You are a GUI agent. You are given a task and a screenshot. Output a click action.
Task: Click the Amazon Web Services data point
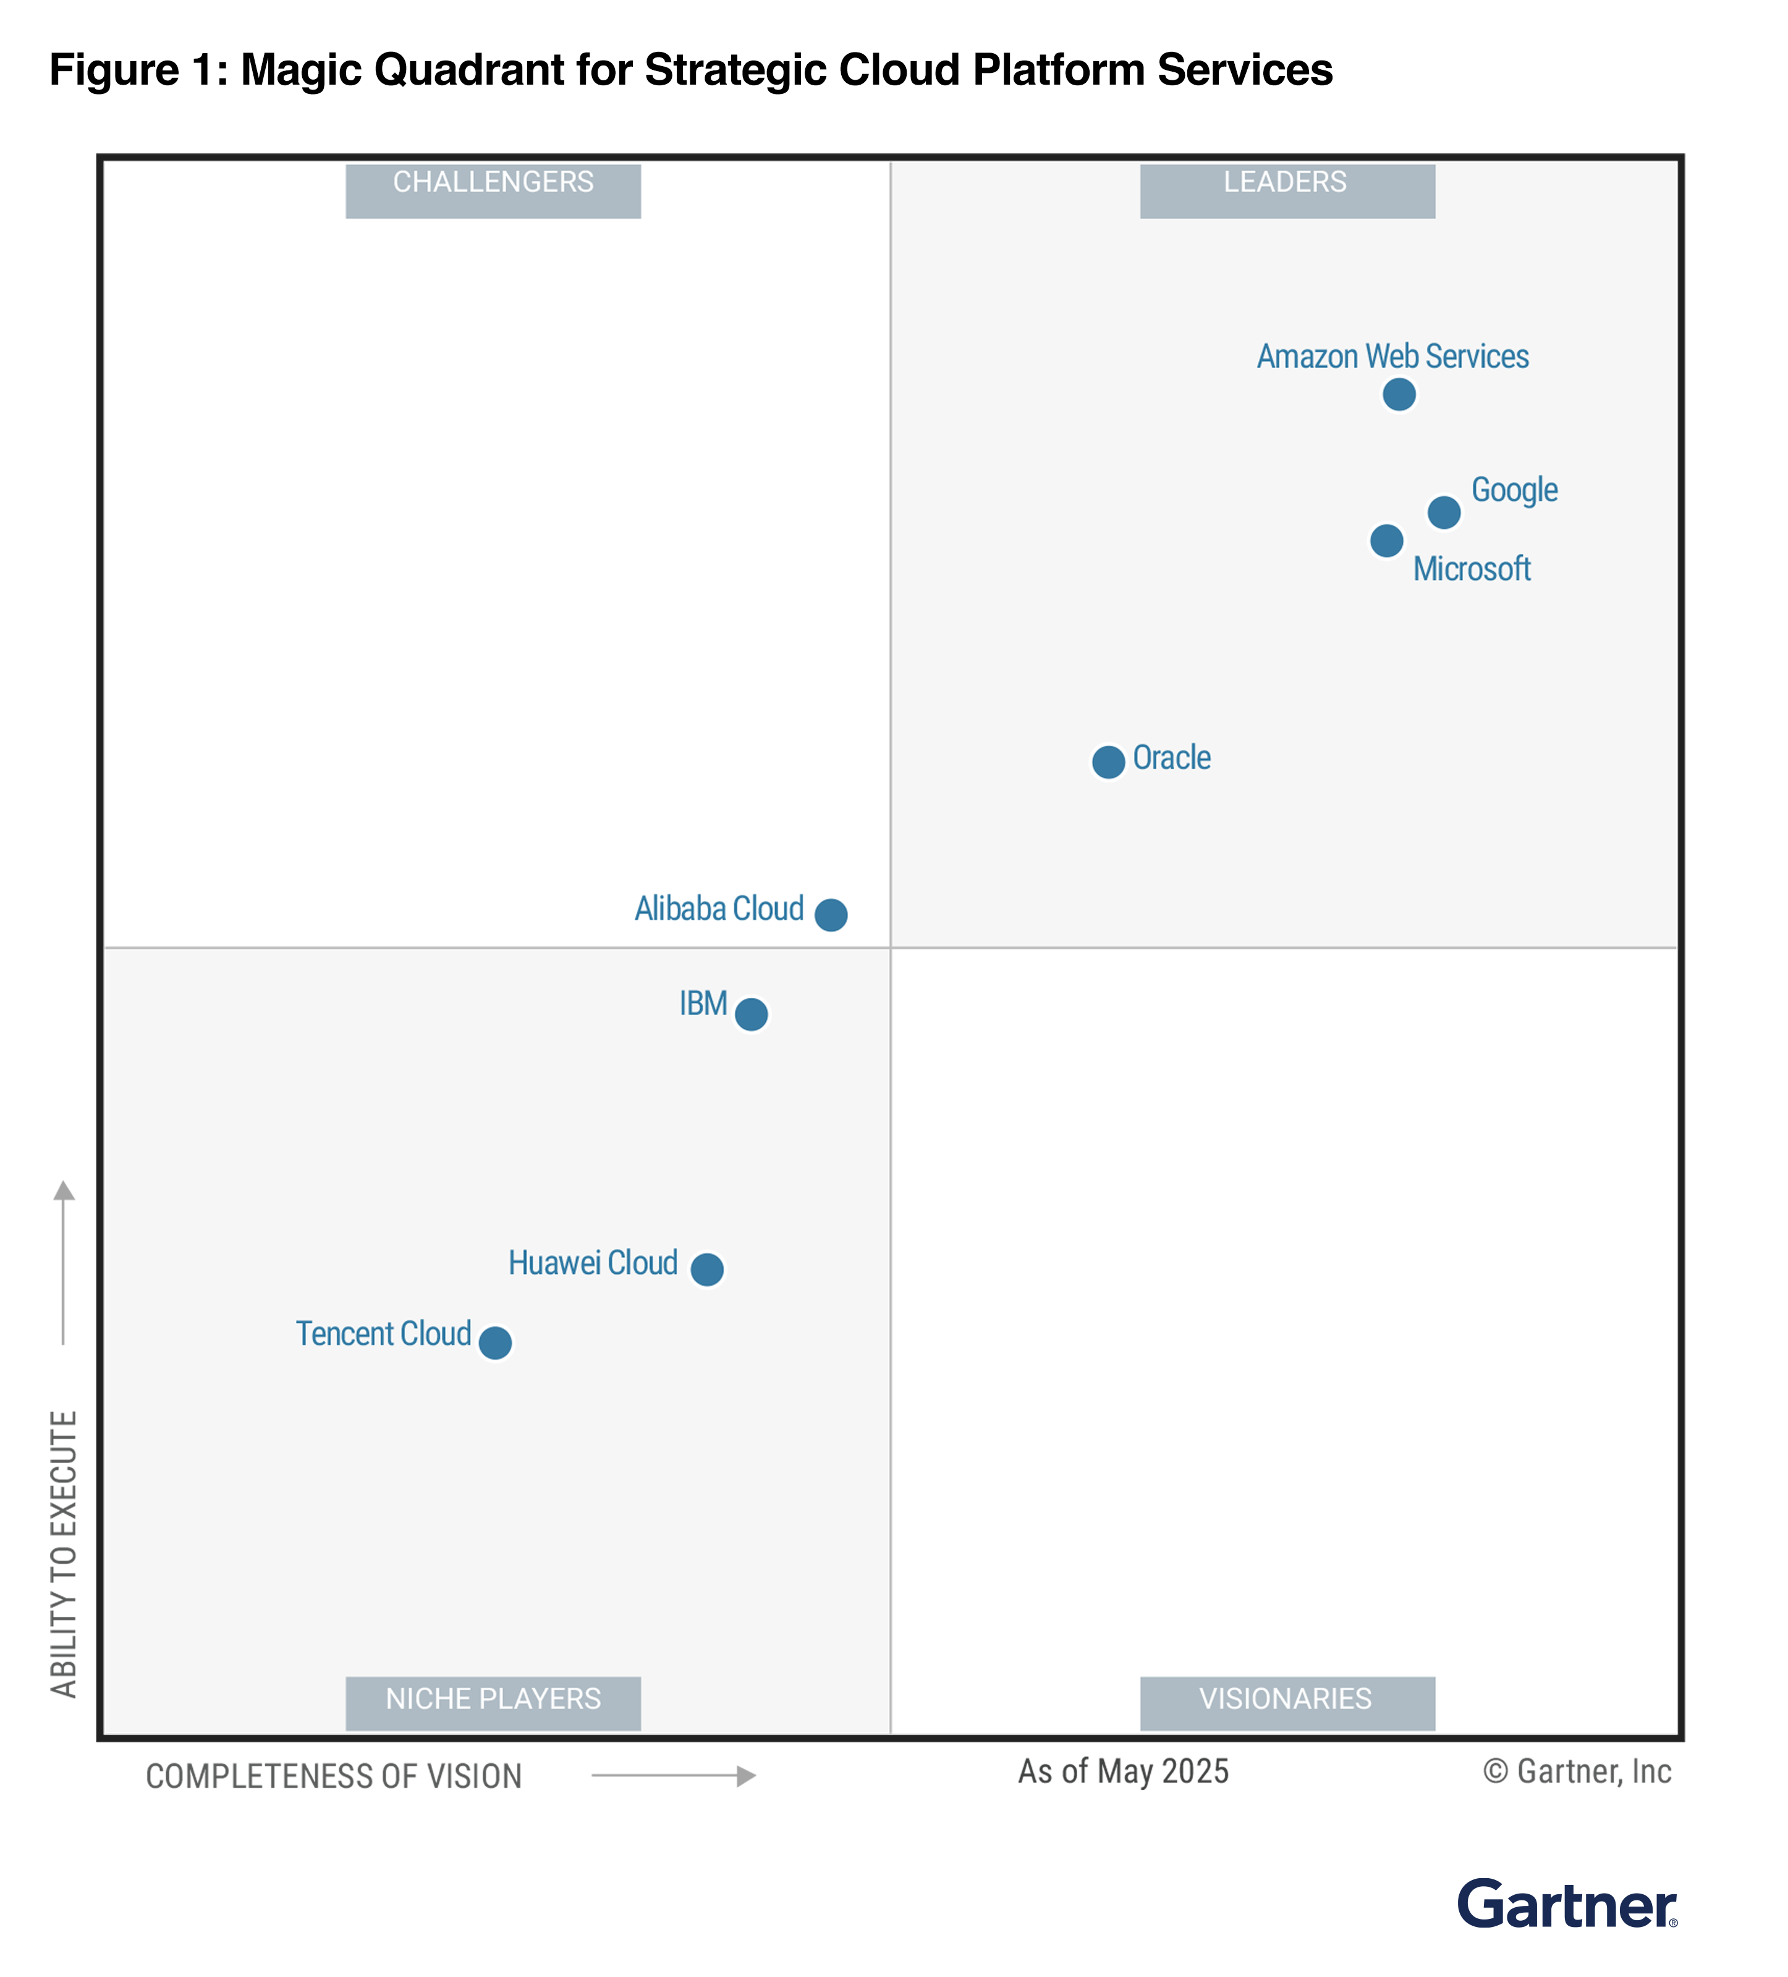[1399, 394]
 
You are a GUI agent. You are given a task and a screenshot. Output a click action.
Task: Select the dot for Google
[1444, 512]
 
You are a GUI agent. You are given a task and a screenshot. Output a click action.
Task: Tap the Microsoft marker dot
[1386, 541]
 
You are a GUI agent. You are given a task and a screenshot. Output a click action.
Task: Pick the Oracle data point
[1108, 762]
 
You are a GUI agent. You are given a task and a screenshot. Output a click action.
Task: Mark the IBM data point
[752, 1014]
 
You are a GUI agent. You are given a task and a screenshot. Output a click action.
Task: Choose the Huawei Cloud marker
[707, 1269]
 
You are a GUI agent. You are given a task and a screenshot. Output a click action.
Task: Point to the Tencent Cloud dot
[495, 1341]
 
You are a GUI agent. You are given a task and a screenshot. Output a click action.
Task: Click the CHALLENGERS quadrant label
[493, 189]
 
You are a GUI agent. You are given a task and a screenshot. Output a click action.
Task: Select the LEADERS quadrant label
[1287, 189]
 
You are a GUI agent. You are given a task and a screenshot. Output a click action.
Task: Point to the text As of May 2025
[1123, 1771]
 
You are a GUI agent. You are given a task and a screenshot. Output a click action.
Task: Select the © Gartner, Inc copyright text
[1577, 1771]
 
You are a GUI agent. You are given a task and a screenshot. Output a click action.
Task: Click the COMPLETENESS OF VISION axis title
[334, 1776]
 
